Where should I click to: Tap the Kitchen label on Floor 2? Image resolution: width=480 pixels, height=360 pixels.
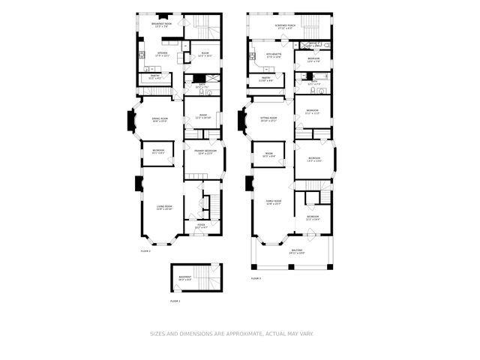pyautogui.click(x=161, y=54)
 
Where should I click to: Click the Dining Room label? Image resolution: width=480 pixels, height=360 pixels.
pyautogui.click(x=160, y=119)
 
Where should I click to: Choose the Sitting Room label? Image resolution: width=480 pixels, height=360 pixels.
pyautogui.click(x=268, y=119)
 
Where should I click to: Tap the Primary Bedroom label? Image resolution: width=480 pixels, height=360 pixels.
pyautogui.click(x=205, y=152)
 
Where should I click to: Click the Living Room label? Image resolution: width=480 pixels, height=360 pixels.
pyautogui.click(x=163, y=208)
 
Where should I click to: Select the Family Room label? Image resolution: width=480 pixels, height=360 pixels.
pyautogui.click(x=273, y=202)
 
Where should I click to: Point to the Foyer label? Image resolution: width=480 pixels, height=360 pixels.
pyautogui.click(x=201, y=225)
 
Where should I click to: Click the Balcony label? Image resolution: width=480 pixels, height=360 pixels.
pyautogui.click(x=297, y=251)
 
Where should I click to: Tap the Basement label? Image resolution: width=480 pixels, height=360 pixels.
pyautogui.click(x=184, y=278)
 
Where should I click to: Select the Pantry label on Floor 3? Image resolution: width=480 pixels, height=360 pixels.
pyautogui.click(x=265, y=78)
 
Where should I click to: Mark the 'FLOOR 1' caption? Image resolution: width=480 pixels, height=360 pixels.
pyautogui.click(x=175, y=301)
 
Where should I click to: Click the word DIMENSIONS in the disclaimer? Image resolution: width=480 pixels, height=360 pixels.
pyautogui.click(x=196, y=334)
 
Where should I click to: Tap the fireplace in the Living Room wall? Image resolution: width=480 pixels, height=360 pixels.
pyautogui.click(x=138, y=184)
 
